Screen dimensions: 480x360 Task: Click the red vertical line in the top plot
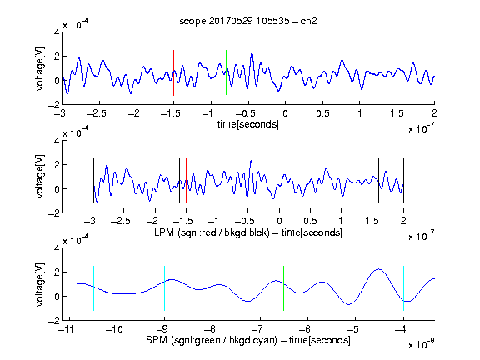[x=173, y=72]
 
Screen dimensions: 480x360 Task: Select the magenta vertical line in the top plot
[x=397, y=72]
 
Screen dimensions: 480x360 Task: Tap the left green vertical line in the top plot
[x=226, y=72]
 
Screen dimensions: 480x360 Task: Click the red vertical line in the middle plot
[x=186, y=180]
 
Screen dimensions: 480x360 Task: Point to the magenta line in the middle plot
[x=372, y=180]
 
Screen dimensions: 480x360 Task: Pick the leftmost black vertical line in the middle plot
[x=93, y=180]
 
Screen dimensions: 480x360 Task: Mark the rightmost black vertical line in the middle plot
[x=403, y=180]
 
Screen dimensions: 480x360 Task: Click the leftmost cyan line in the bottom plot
[x=93, y=288]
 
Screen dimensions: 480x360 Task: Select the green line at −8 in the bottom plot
[x=212, y=288]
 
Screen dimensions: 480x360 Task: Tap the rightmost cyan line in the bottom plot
[x=403, y=288]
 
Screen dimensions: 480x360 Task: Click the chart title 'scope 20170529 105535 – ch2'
[x=247, y=21]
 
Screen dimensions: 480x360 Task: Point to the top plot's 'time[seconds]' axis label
[x=248, y=124]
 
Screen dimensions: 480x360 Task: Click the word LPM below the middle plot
[x=164, y=232]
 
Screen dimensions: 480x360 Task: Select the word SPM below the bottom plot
[x=157, y=340]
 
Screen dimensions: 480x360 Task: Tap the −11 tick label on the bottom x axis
[x=66, y=329]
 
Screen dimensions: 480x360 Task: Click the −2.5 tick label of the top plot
[x=96, y=113]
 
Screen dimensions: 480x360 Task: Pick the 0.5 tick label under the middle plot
[x=310, y=221]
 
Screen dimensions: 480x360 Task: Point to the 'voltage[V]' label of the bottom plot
[x=40, y=284]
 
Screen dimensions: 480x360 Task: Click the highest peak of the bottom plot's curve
[x=379, y=269]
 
